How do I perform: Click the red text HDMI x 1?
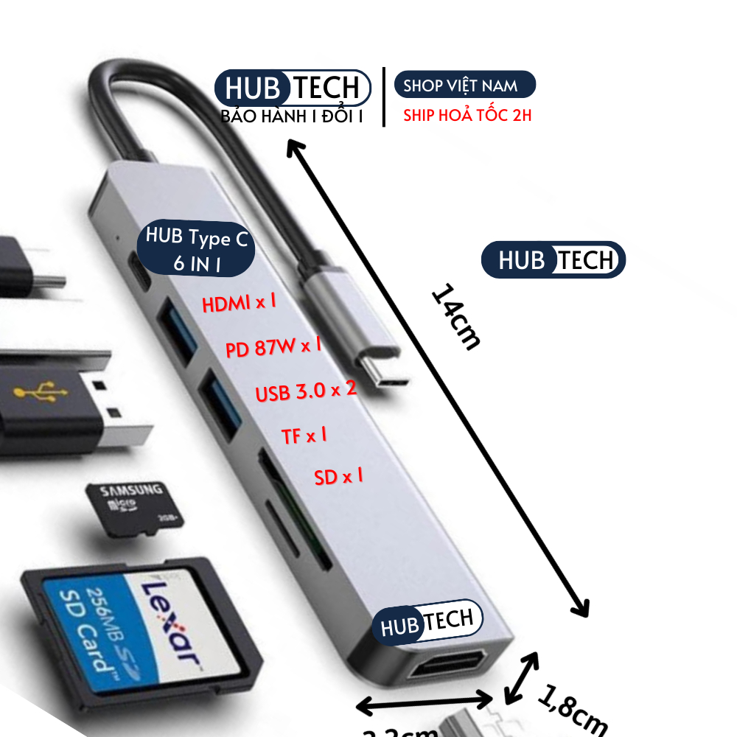click(240, 302)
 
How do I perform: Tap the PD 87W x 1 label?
click(273, 346)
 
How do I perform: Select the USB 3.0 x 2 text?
click(306, 391)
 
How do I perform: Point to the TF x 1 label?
click(304, 436)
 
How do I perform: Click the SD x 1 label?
click(338, 477)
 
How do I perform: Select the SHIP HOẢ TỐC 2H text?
click(467, 116)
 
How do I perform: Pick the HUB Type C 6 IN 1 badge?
click(197, 249)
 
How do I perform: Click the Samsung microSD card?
click(133, 509)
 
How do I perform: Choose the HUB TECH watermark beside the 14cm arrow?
click(553, 260)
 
